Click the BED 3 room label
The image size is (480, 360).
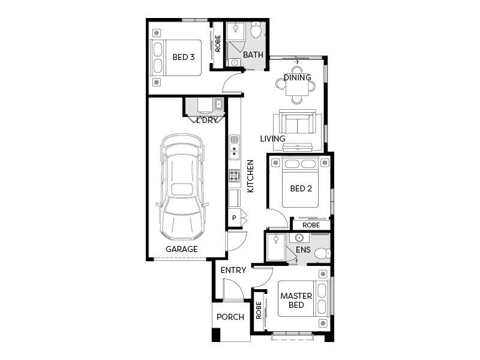pyautogui.click(x=183, y=58)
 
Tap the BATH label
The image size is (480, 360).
pyautogui.click(x=253, y=55)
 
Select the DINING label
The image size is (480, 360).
pyautogui.click(x=298, y=77)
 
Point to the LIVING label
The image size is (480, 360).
pyautogui.click(x=272, y=139)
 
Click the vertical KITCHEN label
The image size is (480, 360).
pyautogui.click(x=251, y=176)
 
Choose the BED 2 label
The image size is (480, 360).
pyautogui.click(x=301, y=188)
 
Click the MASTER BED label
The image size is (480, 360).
pyautogui.click(x=296, y=300)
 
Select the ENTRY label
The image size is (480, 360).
pyautogui.click(x=233, y=270)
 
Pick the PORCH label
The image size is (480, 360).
pyautogui.click(x=230, y=317)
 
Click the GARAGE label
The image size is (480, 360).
pyautogui.click(x=181, y=249)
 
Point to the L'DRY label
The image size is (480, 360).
pyautogui.click(x=207, y=120)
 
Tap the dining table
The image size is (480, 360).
pyautogui.click(x=296, y=89)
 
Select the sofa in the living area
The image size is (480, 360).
pyautogui.click(x=296, y=123)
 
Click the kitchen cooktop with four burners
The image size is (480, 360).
pyautogui.click(x=234, y=176)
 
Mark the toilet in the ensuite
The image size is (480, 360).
pyautogui.click(x=322, y=253)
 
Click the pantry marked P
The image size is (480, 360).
pyautogui.click(x=234, y=218)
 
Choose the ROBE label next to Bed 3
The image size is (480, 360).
pyautogui.click(x=218, y=43)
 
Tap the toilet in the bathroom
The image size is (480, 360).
pyautogui.click(x=257, y=29)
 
